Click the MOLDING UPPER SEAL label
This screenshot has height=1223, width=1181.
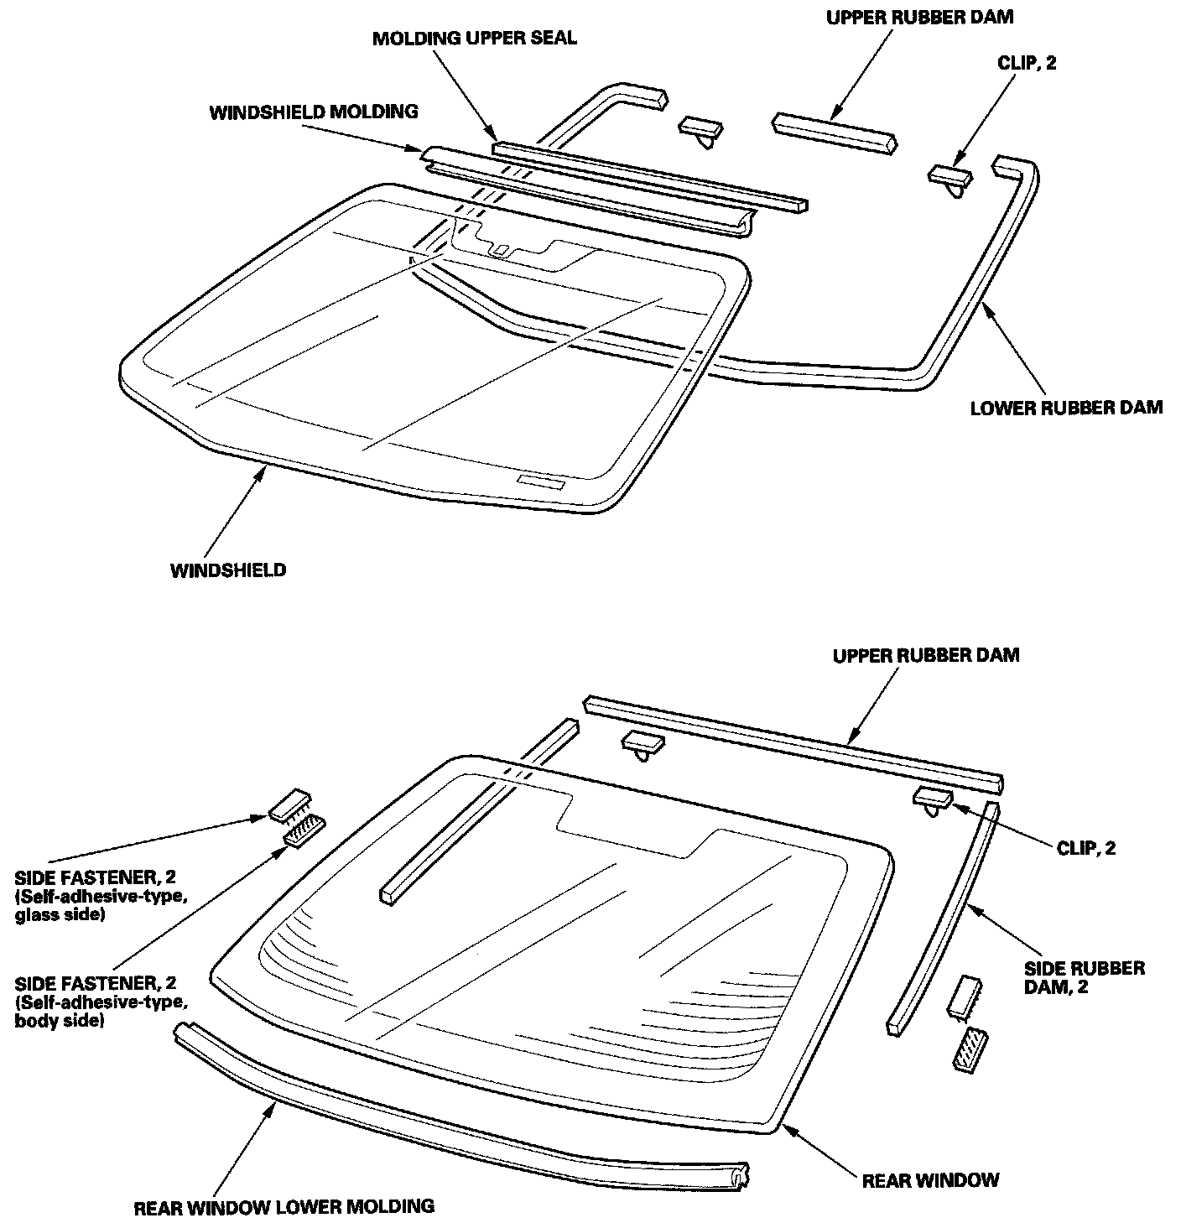pos(475,39)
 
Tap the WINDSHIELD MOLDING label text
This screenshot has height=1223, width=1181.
pos(313,112)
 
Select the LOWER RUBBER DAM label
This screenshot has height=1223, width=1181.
pos(1066,409)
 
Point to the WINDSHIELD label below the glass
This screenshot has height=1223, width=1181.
pos(228,571)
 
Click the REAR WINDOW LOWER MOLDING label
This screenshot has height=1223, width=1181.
pos(284,1207)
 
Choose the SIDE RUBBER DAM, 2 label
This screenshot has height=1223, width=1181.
pos(1084,978)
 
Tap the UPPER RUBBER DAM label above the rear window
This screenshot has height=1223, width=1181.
pos(926,655)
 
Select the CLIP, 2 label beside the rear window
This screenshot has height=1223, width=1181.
pos(1086,848)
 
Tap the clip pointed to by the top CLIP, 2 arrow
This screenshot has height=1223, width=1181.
pos(949,178)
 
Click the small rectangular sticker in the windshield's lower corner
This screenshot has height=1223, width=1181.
pos(541,481)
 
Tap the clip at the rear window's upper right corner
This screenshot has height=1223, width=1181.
pos(932,800)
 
